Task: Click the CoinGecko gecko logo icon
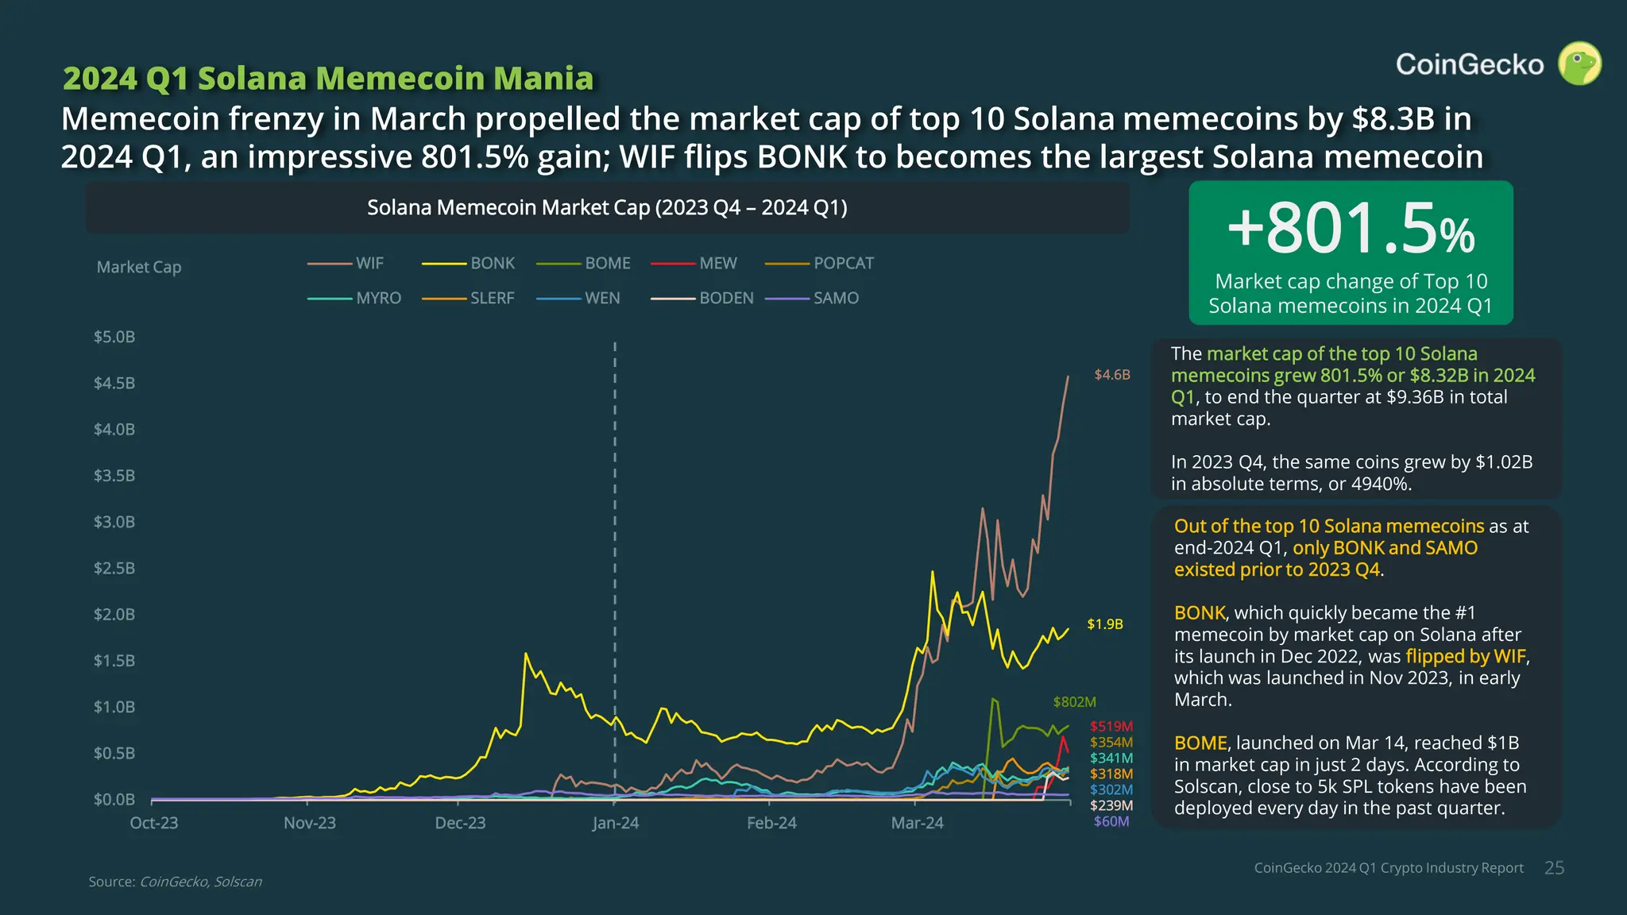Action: tap(1579, 64)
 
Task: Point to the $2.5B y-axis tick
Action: tap(114, 568)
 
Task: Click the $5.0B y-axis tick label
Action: tap(114, 337)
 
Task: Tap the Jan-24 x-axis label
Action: tap(615, 823)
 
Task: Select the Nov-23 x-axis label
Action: tap(310, 823)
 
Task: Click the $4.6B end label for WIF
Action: tap(1111, 375)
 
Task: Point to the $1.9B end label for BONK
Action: tap(1105, 624)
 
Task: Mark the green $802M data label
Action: tap(1074, 702)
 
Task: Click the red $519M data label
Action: tap(1111, 726)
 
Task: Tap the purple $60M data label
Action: tap(1111, 821)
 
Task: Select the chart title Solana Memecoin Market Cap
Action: tap(607, 207)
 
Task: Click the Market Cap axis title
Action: tap(139, 267)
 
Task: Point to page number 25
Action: tap(1554, 868)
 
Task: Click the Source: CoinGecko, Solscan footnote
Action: tap(175, 882)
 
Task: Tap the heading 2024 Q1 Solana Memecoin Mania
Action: tap(327, 79)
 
